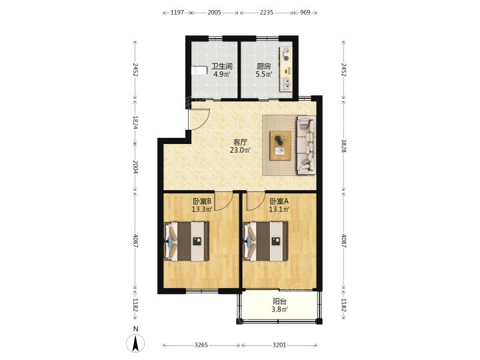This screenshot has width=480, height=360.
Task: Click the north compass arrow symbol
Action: coord(135,343)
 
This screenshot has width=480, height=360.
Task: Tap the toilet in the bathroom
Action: coord(199,71)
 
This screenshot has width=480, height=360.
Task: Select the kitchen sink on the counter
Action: coord(286,84)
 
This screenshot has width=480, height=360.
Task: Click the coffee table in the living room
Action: coord(280,145)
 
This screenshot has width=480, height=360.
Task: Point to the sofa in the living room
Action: coord(306,145)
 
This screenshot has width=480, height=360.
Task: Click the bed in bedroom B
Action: coord(187,241)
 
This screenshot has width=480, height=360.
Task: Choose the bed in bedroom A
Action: coord(265,241)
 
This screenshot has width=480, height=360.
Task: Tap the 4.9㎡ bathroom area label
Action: coord(221,74)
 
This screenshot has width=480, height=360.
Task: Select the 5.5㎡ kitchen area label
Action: coord(264,74)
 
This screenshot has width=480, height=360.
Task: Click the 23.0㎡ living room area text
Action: coord(240,150)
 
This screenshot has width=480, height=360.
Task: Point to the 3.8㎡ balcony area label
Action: coord(279,309)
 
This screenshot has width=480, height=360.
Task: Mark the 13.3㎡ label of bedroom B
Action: coord(202,209)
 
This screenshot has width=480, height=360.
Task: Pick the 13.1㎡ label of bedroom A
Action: coord(279,209)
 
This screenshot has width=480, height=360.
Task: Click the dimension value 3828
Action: coord(344,146)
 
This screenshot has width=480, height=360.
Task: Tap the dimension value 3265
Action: coord(201,345)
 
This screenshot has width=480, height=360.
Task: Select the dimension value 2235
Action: coord(266,13)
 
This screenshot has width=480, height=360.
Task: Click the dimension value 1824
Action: coord(135,122)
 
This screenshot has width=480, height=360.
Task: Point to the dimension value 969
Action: coord(305,13)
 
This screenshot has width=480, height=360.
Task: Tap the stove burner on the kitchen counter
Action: coord(286,58)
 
